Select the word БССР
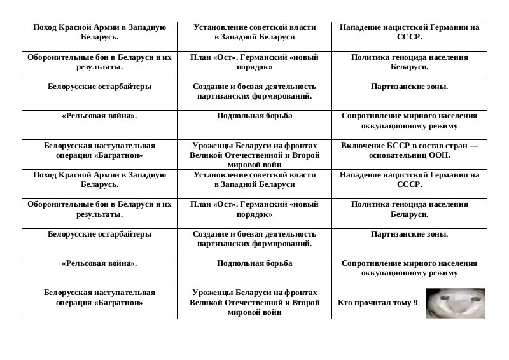[x=393, y=146]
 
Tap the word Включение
[x=362, y=146]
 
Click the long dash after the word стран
[x=473, y=146]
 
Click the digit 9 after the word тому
[x=415, y=303]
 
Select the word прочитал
[x=372, y=303]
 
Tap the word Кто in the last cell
[x=344, y=303]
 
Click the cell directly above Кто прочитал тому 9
[x=409, y=272]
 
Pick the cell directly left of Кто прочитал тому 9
[x=254, y=303]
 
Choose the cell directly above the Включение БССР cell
[x=409, y=125]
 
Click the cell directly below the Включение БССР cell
[x=409, y=184]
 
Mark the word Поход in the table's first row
[x=45, y=28]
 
